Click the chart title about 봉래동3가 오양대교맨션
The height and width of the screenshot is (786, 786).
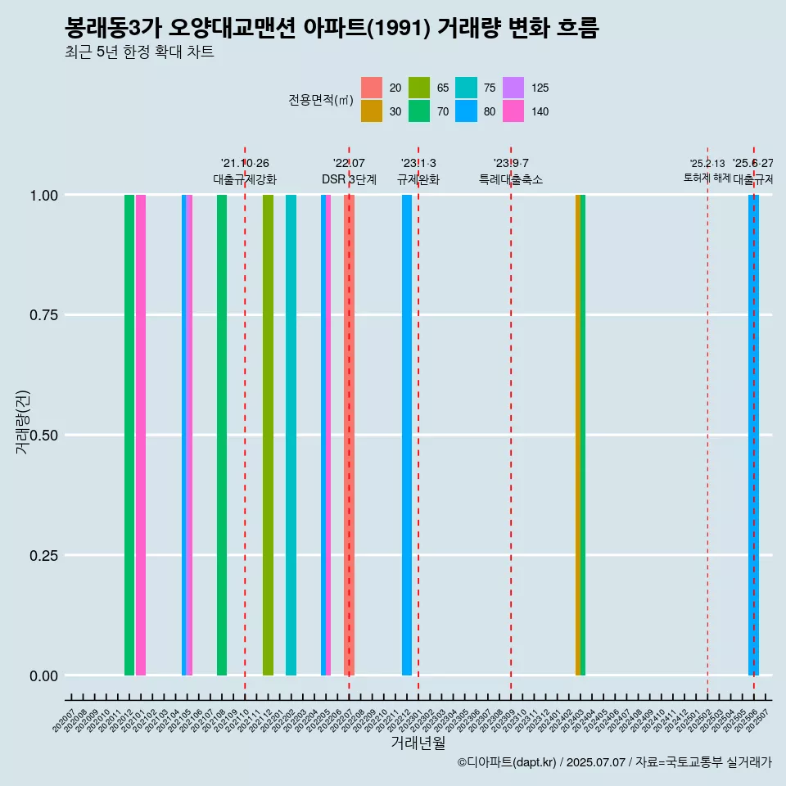pos(332,29)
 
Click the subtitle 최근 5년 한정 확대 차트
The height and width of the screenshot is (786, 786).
pos(139,53)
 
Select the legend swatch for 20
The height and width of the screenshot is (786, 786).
pos(372,88)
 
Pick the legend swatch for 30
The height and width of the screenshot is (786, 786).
pos(372,111)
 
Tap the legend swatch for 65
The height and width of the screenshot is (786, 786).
pos(419,88)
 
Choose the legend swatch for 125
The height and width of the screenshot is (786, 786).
pos(513,88)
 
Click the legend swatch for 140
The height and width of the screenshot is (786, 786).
pos(513,111)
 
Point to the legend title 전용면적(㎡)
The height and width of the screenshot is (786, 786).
pos(321,100)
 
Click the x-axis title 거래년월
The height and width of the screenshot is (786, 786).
pos(418,743)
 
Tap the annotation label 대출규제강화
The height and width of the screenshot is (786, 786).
pos(245,179)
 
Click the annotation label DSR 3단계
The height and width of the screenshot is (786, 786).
pos(349,179)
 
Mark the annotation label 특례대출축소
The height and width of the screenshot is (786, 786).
pos(511,179)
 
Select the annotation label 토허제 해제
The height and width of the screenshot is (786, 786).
pos(707,178)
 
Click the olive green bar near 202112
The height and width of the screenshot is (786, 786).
pos(268,435)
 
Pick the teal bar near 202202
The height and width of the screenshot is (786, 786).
pos(291,435)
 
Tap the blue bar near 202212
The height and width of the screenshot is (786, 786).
pos(407,435)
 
